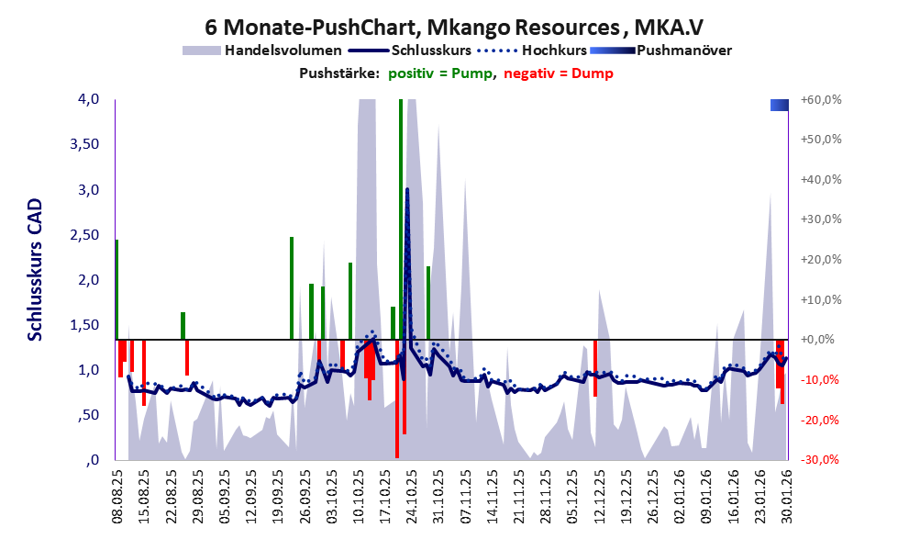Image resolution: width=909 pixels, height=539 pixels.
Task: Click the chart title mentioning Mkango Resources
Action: coord(455,26)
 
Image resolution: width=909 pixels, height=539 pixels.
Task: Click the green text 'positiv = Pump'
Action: coord(442,73)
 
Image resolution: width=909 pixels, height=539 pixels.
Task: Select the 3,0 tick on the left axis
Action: coord(87,190)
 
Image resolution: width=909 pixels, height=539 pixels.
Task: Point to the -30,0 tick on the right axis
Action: coord(821,459)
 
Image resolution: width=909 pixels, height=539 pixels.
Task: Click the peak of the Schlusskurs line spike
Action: coord(407,189)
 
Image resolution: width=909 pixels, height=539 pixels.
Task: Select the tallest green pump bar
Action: coord(401,220)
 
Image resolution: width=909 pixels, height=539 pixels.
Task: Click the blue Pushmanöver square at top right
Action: coord(780,106)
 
